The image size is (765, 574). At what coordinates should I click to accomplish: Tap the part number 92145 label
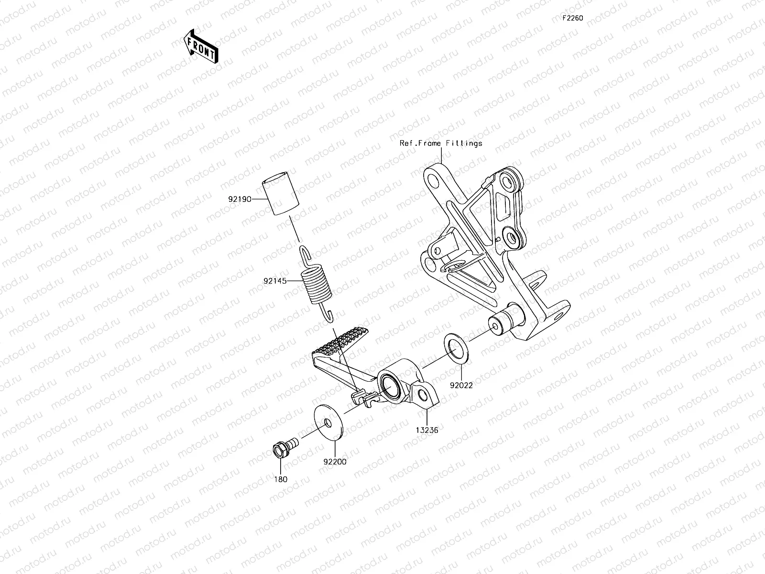[x=275, y=281]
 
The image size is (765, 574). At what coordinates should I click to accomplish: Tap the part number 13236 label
[x=426, y=430]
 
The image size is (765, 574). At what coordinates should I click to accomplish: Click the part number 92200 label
[x=335, y=462]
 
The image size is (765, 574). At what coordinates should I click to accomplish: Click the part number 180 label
[x=281, y=479]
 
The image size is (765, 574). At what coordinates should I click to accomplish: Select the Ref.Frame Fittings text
[x=441, y=143]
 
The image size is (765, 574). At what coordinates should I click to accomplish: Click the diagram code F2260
[x=572, y=18]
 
